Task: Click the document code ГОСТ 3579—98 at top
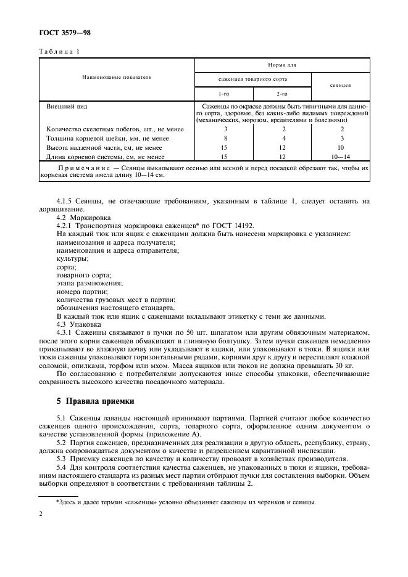coord(65,32)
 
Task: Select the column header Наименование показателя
coord(117,78)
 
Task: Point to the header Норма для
coord(282,64)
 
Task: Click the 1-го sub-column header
coord(225,93)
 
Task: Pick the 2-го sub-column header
coord(282,93)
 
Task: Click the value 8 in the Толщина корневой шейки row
coord(225,139)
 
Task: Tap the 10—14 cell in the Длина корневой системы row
coord(341,157)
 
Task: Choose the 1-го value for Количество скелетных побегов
coord(225,129)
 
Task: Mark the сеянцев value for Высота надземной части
coord(341,148)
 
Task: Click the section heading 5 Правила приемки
coord(95,401)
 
